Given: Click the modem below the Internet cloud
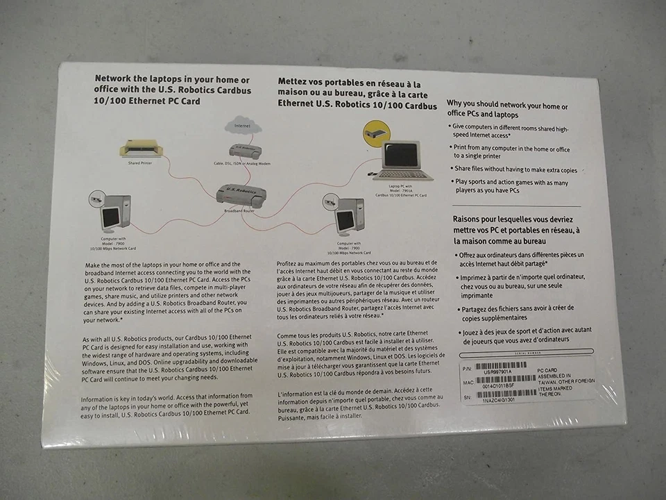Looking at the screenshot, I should [x=246, y=151].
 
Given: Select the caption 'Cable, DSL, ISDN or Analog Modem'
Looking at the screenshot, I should [x=241, y=163].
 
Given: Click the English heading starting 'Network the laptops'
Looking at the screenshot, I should [x=173, y=90].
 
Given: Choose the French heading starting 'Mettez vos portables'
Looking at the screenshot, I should [x=356, y=94].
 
